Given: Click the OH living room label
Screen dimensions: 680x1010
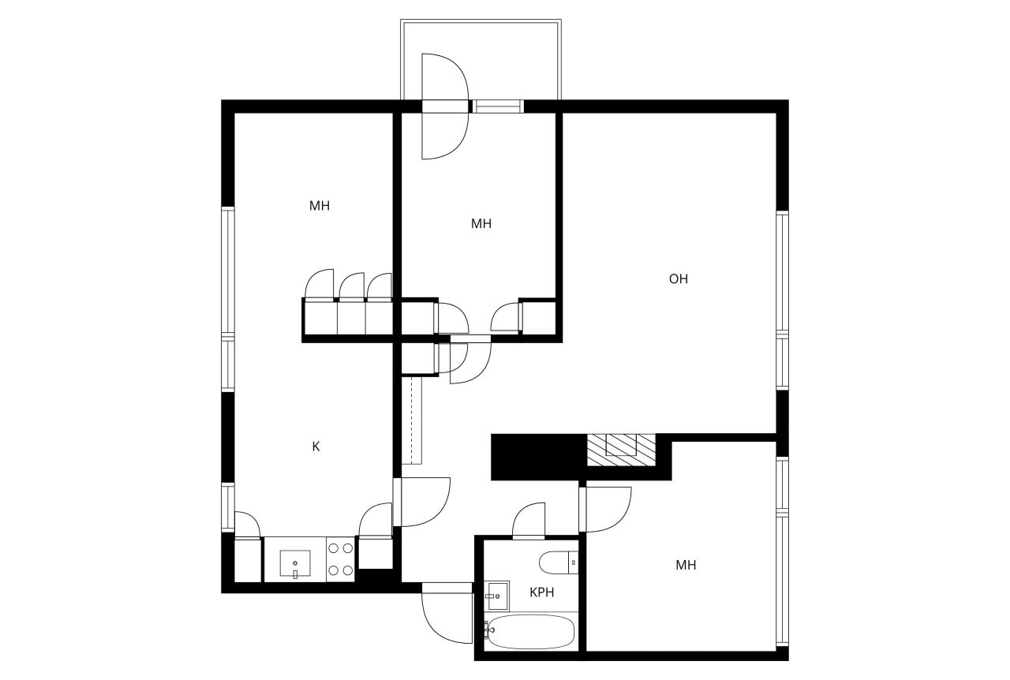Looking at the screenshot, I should [x=679, y=278].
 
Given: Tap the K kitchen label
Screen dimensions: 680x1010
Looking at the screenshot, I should [x=316, y=446].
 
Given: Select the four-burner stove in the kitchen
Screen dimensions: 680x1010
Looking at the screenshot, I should [x=341, y=559].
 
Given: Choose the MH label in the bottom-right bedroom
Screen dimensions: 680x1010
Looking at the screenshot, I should [x=686, y=565].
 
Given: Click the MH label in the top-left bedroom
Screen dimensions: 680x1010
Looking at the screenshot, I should [x=320, y=206].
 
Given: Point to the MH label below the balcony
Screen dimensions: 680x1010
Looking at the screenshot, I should [x=481, y=223].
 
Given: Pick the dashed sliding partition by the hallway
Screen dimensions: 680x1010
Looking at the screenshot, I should [x=413, y=420].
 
